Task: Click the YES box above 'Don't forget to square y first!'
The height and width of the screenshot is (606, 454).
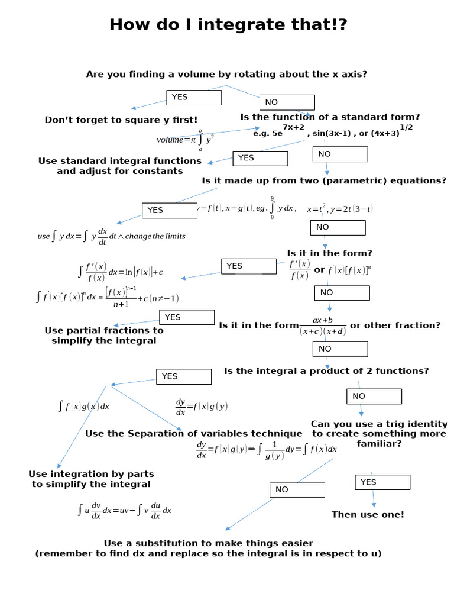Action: coord(194,98)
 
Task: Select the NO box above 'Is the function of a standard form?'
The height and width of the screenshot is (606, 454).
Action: coord(287,102)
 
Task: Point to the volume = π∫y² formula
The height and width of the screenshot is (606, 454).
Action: coord(186,140)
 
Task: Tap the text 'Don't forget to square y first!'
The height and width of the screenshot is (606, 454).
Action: coord(121,120)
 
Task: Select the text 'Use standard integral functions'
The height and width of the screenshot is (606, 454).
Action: coord(119,161)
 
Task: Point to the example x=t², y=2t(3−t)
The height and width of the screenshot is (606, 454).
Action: coord(339,209)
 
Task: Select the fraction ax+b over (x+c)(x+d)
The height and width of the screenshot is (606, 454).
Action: coord(322,326)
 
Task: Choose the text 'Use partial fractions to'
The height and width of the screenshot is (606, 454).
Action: coord(104,330)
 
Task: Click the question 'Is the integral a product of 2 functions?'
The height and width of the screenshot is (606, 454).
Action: coord(326,371)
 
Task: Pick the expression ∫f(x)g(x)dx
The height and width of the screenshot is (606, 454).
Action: coord(83,407)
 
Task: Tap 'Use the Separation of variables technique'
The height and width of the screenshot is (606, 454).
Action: coord(194,434)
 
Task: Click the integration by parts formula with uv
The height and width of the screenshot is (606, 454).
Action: coord(124,510)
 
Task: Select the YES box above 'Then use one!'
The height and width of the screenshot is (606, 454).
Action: coord(382,482)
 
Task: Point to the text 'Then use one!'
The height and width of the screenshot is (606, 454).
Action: coord(368,515)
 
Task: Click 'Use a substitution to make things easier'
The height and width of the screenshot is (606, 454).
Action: coord(208,543)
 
